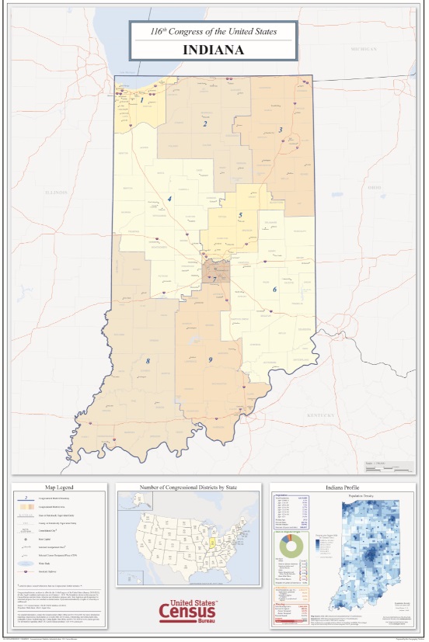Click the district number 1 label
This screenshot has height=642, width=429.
tap(141, 100)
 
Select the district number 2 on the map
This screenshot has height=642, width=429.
tap(205, 123)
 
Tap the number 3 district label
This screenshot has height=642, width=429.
tap(281, 130)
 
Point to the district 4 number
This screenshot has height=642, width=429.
tap(169, 200)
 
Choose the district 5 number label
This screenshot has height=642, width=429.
tap(241, 215)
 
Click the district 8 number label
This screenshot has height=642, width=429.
tap(147, 361)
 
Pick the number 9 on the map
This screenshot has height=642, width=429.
tap(210, 359)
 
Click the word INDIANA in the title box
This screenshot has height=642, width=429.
tap(213, 50)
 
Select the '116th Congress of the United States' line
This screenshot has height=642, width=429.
tap(213, 31)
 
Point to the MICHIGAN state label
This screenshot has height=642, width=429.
tap(363, 48)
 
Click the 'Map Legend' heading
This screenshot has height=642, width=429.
tap(58, 488)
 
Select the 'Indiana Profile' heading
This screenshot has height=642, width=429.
tap(342, 488)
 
